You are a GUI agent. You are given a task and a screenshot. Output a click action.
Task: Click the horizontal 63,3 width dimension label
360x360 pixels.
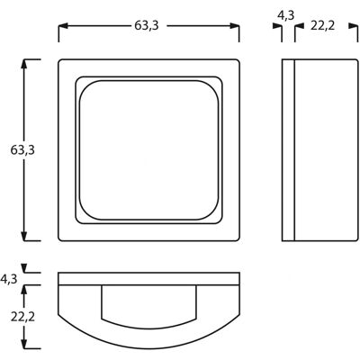click(146, 26)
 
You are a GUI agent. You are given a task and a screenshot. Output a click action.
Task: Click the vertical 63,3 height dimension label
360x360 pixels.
click(22, 150)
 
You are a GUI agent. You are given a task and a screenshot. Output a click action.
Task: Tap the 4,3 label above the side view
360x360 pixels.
click(286, 15)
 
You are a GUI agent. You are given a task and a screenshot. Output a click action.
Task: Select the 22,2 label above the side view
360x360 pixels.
click(322, 26)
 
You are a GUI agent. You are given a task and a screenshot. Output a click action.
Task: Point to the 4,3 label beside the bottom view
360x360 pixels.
click(9, 279)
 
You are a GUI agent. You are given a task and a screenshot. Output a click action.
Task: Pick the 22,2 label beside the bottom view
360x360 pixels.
click(22, 317)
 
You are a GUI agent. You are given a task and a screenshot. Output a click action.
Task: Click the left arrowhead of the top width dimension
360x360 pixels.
click(62, 26)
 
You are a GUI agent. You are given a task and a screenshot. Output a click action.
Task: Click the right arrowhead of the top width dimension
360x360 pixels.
click(235, 26)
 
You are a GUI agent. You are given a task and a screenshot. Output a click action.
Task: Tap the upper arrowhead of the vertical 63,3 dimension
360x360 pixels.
click(24, 64)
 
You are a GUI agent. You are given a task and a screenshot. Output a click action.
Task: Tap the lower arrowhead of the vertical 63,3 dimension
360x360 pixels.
click(24, 237)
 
